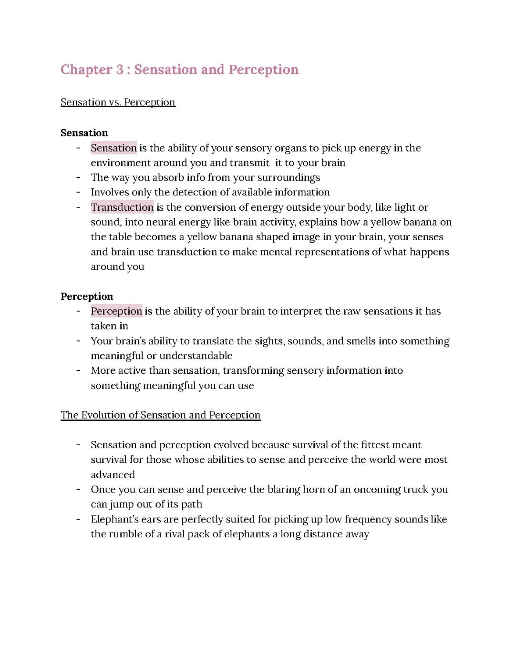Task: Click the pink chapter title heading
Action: (x=179, y=70)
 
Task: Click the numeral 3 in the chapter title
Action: (x=119, y=70)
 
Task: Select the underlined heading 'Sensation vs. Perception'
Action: (x=118, y=102)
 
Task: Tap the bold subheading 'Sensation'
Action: (x=84, y=133)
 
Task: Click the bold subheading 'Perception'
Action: (x=87, y=297)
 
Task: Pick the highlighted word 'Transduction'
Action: (x=122, y=207)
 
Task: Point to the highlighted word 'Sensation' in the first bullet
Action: (x=113, y=148)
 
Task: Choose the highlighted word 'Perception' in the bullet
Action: (x=116, y=311)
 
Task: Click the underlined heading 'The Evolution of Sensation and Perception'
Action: (x=160, y=415)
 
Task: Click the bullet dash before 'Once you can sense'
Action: (x=78, y=490)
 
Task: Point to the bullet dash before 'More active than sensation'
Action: (x=78, y=370)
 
